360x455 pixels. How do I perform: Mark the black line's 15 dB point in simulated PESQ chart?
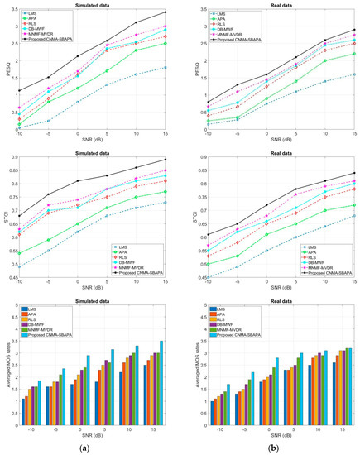pos(165,12)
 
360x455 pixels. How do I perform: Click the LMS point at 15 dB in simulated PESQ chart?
pos(165,68)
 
